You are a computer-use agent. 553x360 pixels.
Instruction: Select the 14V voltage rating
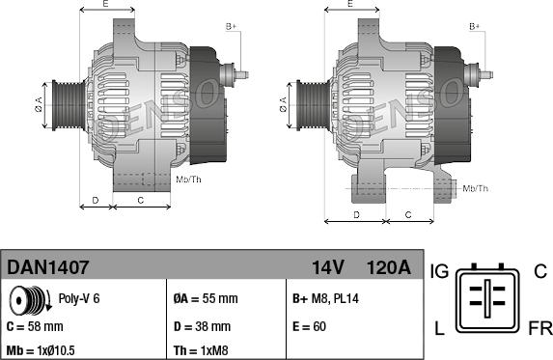coord(327,266)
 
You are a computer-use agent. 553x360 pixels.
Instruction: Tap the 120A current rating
coord(387,266)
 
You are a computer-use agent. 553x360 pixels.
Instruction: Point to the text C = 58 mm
coord(36,326)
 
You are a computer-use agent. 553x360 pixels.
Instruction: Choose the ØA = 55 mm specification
coord(207,298)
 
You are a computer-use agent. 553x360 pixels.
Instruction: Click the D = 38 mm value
coord(202,326)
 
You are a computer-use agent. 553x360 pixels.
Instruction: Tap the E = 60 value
coord(308,326)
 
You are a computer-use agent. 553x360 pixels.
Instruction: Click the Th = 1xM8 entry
coord(201,350)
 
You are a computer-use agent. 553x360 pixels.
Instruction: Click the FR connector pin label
coord(539,330)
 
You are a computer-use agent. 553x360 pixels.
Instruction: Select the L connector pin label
coord(439,330)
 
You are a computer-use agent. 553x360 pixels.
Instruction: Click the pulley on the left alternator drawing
coord(69,101)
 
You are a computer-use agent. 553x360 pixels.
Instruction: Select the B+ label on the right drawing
coord(474,26)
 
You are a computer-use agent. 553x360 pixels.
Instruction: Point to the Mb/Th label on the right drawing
coord(476,187)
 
